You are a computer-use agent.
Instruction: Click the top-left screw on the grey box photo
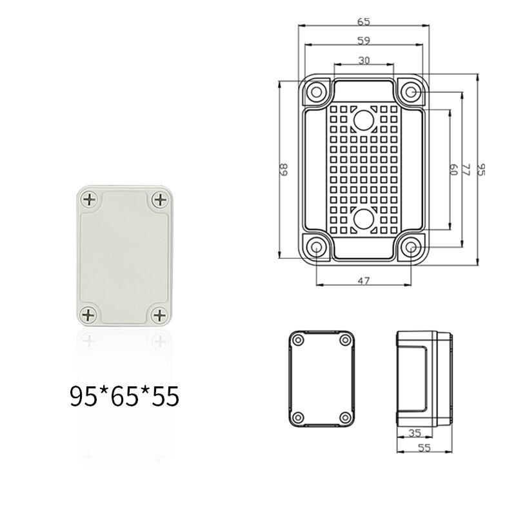point(90,200)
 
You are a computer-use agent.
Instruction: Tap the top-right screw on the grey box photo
point(159,200)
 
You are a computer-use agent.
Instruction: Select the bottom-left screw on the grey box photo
point(90,315)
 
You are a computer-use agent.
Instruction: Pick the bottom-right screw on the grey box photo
point(159,315)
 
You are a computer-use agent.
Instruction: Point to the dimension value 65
point(363,21)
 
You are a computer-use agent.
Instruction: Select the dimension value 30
point(363,60)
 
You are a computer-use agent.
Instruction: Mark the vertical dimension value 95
point(481,170)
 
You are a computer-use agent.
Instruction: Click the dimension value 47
point(363,280)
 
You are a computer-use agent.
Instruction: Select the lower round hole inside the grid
point(363,220)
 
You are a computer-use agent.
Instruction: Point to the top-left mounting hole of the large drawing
point(316,92)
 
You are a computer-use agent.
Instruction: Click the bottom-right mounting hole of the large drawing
point(411,248)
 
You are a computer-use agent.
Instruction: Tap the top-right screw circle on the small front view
point(343,340)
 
